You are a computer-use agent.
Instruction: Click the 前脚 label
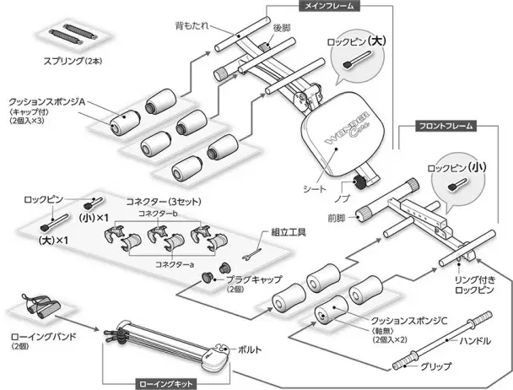coord(342,217)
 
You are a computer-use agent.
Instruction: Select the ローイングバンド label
coord(42,337)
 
